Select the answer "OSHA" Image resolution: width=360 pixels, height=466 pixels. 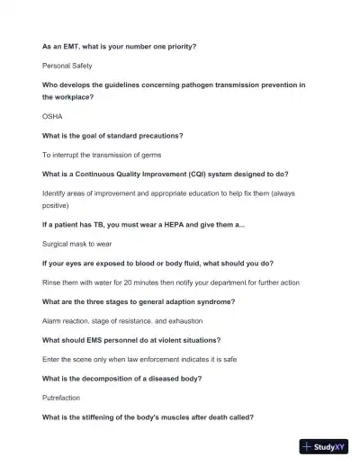(52, 116)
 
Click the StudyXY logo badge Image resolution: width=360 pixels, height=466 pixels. (323, 446)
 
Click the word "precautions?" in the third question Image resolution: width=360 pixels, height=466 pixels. (160, 136)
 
